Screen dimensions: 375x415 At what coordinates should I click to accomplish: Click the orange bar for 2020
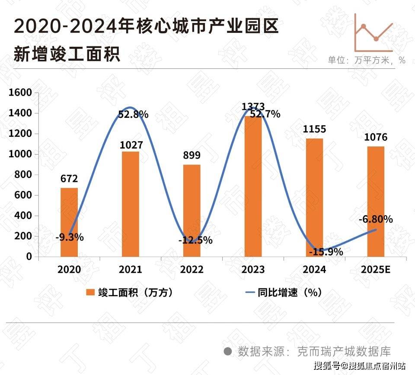(69, 222)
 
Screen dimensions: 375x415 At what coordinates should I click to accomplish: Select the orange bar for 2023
(253, 186)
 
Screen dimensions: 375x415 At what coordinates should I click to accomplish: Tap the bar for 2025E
(375, 201)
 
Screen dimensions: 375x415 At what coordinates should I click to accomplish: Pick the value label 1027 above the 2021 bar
(131, 145)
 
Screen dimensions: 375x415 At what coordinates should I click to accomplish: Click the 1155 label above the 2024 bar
(314, 129)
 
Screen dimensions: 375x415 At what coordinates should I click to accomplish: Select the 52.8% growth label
(133, 115)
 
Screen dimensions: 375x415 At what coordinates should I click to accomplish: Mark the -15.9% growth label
(326, 252)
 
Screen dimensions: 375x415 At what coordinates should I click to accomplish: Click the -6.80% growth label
(375, 220)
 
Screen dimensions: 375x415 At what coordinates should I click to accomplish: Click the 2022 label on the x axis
(192, 269)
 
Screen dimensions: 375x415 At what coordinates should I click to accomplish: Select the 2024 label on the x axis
(314, 269)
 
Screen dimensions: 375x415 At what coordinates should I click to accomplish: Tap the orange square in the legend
(90, 292)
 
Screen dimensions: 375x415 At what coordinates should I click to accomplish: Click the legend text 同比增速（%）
(290, 292)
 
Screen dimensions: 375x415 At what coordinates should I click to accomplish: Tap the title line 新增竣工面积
(67, 55)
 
